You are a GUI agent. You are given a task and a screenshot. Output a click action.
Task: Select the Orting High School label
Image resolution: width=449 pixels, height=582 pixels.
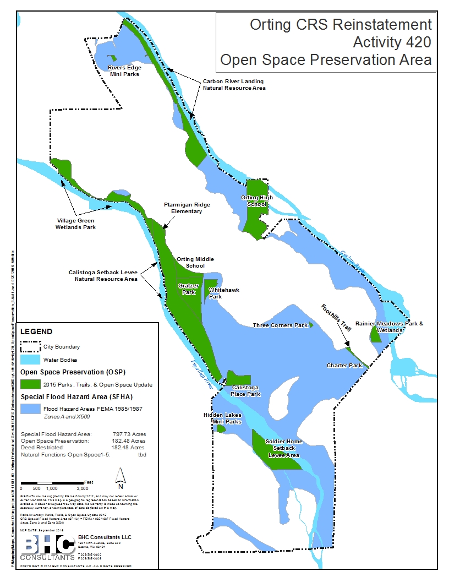256,200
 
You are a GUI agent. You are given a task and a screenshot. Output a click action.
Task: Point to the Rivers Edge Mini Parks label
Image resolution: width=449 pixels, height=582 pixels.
124,70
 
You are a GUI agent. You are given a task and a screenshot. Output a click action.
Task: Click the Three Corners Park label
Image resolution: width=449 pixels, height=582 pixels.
280,325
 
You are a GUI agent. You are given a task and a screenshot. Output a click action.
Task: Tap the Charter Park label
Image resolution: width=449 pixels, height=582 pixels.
344,366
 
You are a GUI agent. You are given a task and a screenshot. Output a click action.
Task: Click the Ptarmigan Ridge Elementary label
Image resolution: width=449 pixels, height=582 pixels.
187,208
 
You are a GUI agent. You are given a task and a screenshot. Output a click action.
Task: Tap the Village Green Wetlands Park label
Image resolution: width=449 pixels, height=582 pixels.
76,224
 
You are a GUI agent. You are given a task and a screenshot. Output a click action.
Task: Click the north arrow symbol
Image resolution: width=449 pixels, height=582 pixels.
121,478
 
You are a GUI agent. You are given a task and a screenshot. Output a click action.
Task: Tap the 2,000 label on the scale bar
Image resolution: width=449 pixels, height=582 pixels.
81,488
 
